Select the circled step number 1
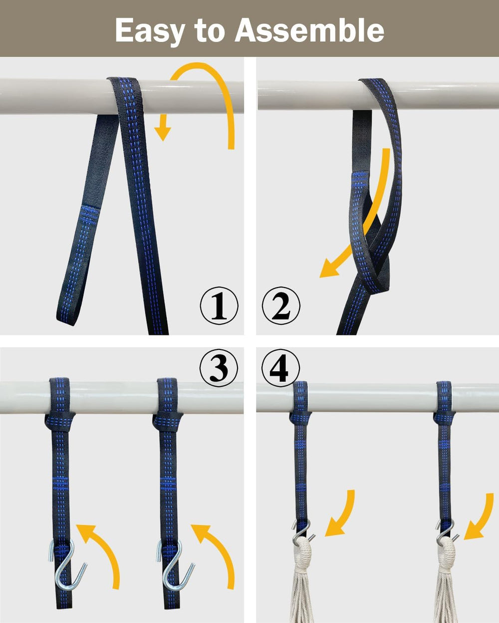219,306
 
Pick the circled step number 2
281,306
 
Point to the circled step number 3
219,368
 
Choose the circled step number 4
280,368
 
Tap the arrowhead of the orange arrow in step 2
330,268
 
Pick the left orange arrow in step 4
345,518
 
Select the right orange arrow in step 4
484,521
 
